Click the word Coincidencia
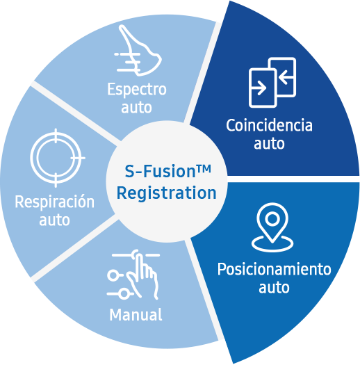(x=269, y=127)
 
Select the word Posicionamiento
(x=274, y=268)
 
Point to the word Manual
(x=136, y=314)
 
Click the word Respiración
(x=54, y=202)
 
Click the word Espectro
(x=137, y=90)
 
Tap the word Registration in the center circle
(x=166, y=193)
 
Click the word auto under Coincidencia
(x=269, y=145)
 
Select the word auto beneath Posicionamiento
(x=274, y=286)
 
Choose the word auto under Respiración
(x=54, y=220)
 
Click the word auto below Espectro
(x=137, y=108)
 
